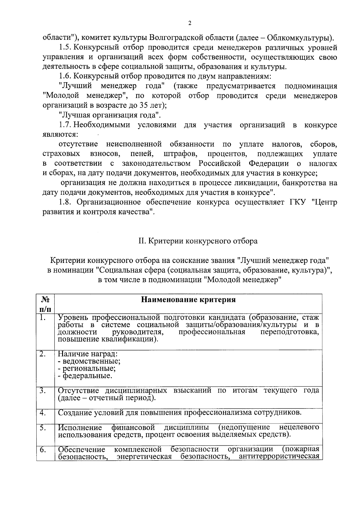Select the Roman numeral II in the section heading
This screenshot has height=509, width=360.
142,241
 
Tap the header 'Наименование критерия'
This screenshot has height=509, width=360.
188,300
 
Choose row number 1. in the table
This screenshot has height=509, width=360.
42,318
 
